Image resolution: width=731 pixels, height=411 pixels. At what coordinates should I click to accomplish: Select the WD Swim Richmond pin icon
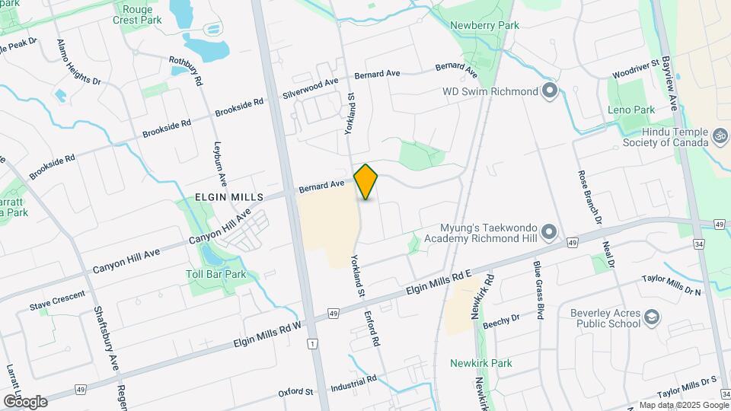click(x=551, y=92)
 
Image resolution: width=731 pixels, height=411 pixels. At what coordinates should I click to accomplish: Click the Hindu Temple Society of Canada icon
click(x=720, y=136)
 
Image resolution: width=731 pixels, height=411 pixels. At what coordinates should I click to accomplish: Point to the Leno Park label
click(x=631, y=110)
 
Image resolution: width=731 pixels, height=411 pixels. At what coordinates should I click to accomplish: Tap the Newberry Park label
click(x=484, y=25)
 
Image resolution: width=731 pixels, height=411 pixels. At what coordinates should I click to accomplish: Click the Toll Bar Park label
click(x=216, y=274)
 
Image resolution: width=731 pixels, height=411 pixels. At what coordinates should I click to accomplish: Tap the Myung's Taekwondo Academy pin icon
click(x=551, y=232)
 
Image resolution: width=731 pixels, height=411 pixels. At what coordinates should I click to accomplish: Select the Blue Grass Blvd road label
click(x=538, y=290)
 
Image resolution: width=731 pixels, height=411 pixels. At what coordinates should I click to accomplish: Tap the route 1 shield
click(x=312, y=345)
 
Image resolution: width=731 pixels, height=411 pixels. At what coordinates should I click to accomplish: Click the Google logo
click(x=25, y=401)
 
